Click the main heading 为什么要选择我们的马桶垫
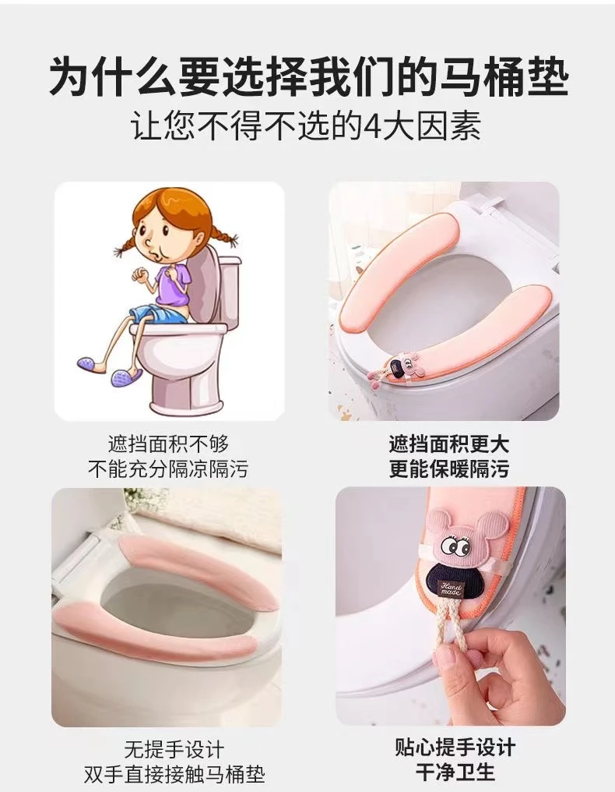point(308,76)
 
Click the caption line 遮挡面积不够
point(168,444)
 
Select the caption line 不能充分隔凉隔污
point(168,469)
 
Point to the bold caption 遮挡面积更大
point(448,444)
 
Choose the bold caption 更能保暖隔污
point(448,469)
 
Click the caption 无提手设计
point(174,749)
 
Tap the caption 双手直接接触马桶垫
point(174,774)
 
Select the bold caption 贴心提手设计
point(455,747)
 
